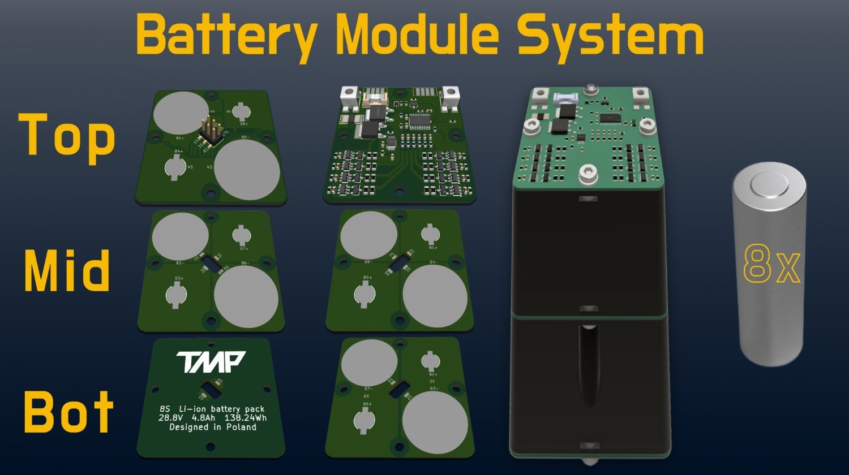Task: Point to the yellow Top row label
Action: click(x=67, y=136)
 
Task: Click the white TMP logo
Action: click(x=210, y=362)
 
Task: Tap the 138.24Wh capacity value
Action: click(x=245, y=418)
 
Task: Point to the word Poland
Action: click(x=241, y=427)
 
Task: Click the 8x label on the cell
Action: click(x=771, y=264)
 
